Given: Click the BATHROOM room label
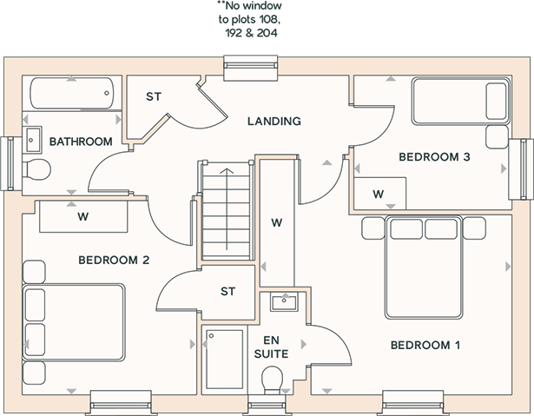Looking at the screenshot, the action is pos(81,142).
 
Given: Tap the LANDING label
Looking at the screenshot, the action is pos(274,122).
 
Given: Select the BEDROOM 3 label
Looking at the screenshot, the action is pos(434,157).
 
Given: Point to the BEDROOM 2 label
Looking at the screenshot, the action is pos(114,261).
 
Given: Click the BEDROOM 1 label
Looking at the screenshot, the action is pos(425,345).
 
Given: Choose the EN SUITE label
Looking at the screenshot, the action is pos(272,347).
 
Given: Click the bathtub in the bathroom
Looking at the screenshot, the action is pos(72,93).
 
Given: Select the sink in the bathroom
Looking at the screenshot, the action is pos(32,140).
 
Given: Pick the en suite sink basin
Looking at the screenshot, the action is pos(284,302).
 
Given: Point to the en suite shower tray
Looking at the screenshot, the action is pos(224,358).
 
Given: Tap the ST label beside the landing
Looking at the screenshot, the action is pos(154,96).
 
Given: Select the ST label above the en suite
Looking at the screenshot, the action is pos(227,292).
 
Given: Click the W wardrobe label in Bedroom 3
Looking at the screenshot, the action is pos(379,195).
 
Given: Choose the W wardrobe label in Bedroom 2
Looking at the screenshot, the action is pos(83,217).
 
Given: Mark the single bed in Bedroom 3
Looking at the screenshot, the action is pos(461,101).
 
